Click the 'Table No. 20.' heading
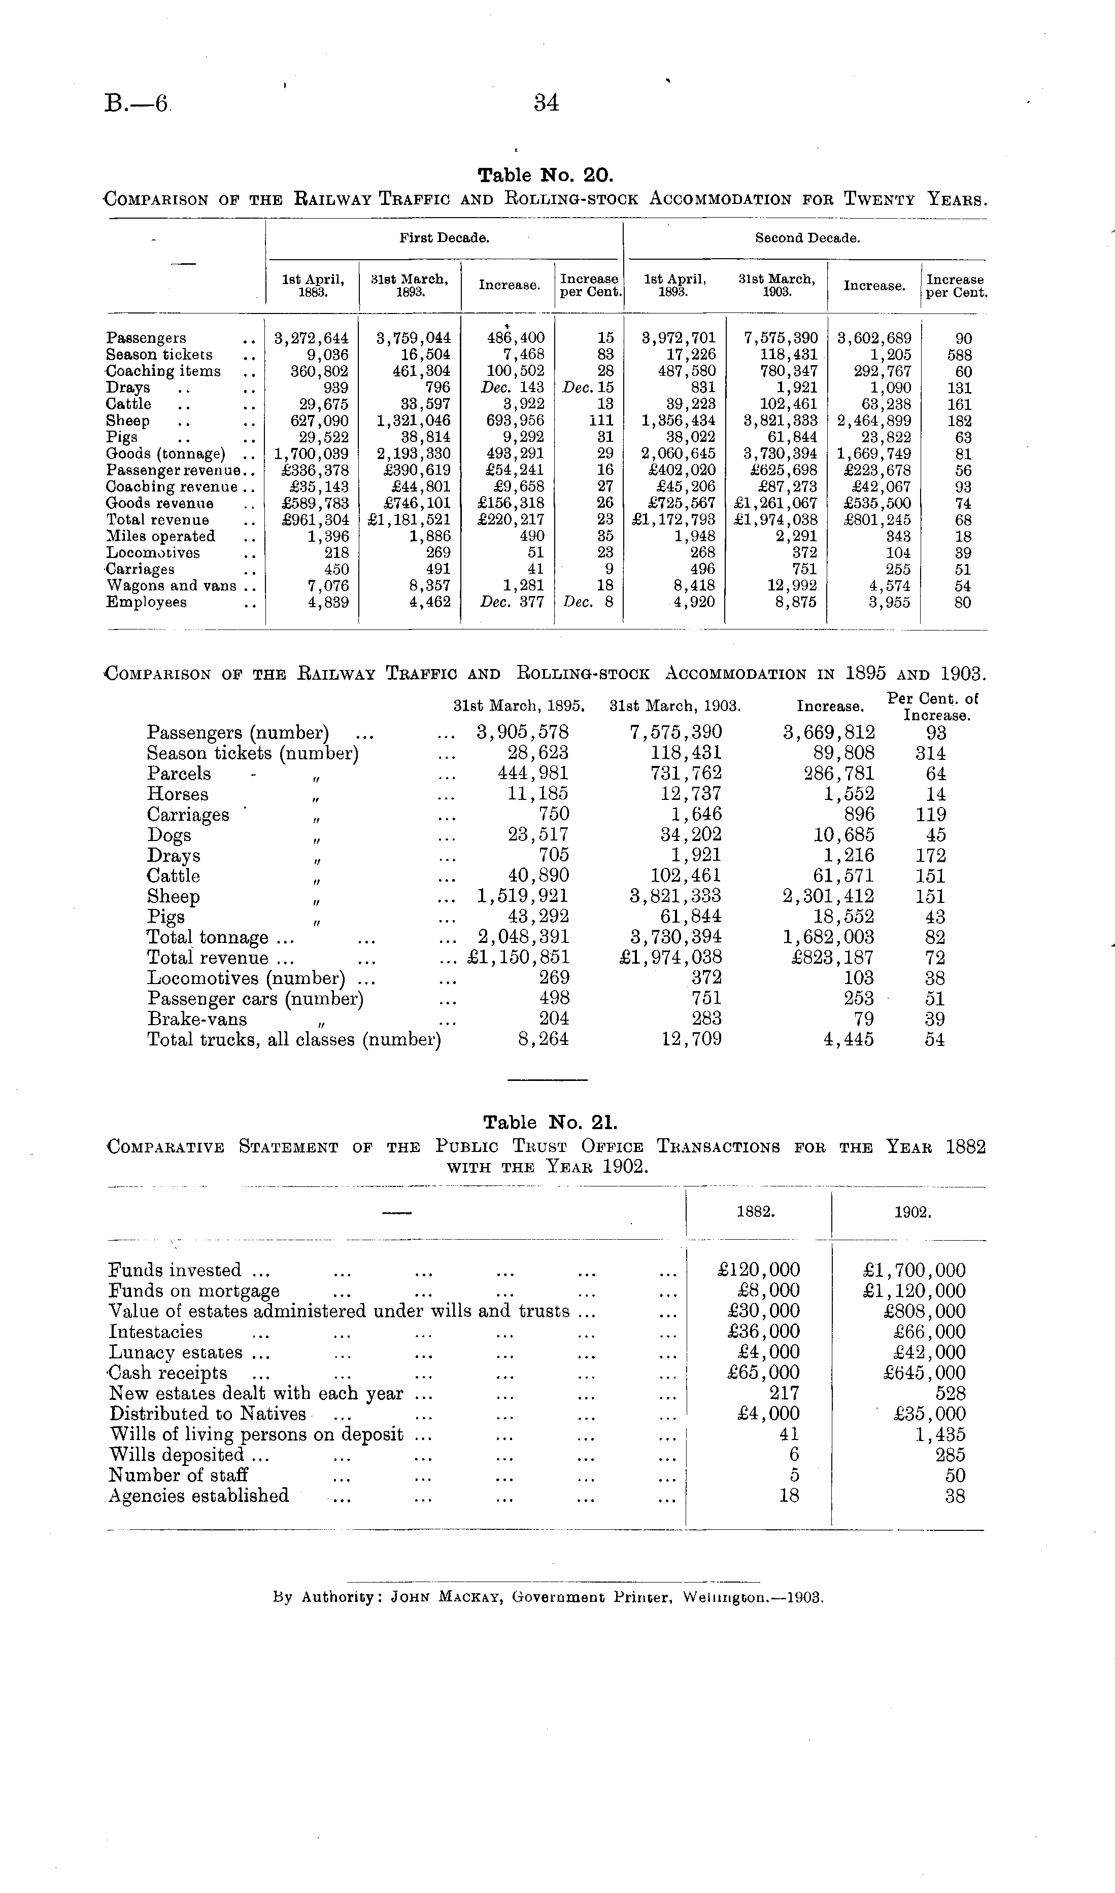pyautogui.click(x=546, y=176)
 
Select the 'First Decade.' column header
pyautogui.click(x=444, y=238)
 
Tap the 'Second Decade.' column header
pyautogui.click(x=807, y=238)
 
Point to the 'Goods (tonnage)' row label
pyautogui.click(x=165, y=453)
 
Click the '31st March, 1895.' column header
pyautogui.click(x=519, y=706)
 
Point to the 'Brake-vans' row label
pyautogui.click(x=197, y=1020)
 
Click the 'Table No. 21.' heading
pyautogui.click(x=550, y=1123)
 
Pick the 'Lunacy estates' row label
pyautogui.click(x=176, y=1353)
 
